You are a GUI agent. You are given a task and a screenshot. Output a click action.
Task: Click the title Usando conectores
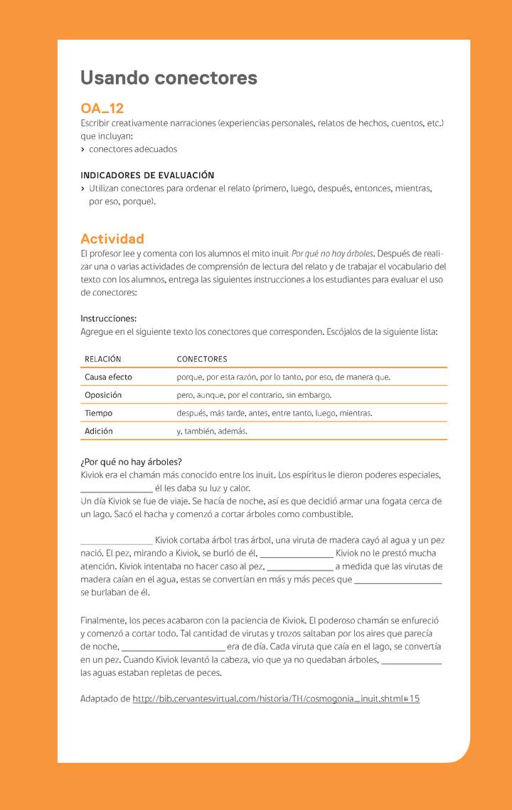coord(169,77)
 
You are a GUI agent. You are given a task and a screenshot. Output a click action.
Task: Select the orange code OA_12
coord(102,109)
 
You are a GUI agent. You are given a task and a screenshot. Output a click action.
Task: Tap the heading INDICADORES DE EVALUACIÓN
coord(147,175)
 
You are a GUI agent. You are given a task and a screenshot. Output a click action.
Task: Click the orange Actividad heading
coord(112,239)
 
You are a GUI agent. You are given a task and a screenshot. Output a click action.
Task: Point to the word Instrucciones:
coord(108,318)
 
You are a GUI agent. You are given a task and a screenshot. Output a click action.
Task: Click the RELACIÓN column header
coord(103,359)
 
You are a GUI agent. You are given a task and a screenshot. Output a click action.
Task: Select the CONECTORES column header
coord(202,359)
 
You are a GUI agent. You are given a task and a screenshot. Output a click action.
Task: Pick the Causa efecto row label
coord(108,377)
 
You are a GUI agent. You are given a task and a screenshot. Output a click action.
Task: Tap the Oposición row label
coord(103,395)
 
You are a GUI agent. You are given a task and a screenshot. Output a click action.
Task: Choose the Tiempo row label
coord(98,413)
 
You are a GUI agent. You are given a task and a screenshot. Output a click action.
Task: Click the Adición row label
coord(99,431)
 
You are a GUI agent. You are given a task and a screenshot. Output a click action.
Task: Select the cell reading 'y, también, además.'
coord(212,431)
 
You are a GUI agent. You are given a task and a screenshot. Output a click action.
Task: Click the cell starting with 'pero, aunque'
coord(254,395)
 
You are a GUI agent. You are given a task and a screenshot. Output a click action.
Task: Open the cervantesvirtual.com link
coord(276,699)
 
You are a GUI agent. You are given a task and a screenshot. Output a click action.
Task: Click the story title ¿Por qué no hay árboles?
coord(131,462)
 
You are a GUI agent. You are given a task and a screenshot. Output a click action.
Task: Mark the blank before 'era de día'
coord(173,647)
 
